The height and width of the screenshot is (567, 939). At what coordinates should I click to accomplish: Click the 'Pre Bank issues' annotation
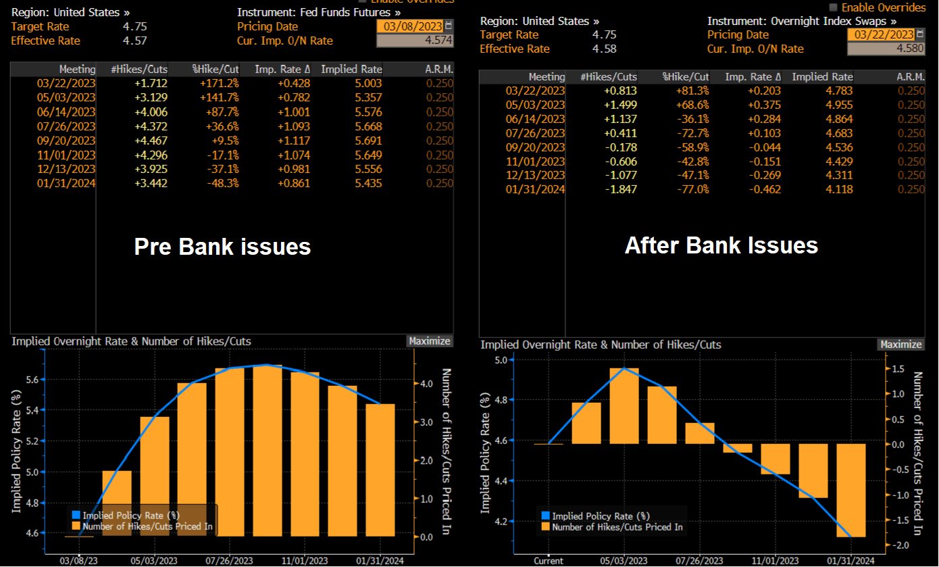pyautogui.click(x=222, y=247)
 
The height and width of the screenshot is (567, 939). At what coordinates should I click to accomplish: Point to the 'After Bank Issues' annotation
pyautogui.click(x=721, y=245)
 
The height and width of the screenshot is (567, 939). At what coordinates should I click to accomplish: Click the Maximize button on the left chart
pyautogui.click(x=429, y=341)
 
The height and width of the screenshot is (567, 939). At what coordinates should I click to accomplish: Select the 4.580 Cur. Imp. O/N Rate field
pyautogui.click(x=884, y=49)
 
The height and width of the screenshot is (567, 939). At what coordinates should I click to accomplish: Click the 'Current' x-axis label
pyautogui.click(x=548, y=561)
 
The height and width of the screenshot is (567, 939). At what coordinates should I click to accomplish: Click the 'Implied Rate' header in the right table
pyautogui.click(x=822, y=77)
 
